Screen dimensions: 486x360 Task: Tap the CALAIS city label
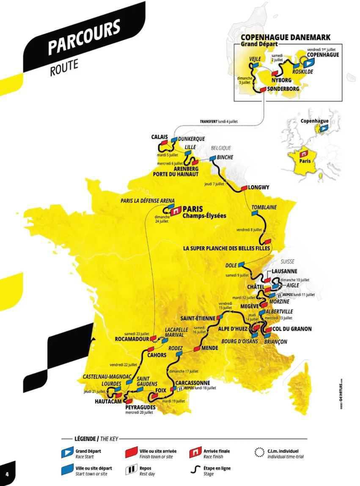tap(159, 137)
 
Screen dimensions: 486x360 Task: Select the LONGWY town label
tap(259, 187)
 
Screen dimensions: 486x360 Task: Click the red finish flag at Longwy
tap(244, 188)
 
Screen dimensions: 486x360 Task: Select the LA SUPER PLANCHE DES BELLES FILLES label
tap(227, 249)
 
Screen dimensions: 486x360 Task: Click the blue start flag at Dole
tap(242, 264)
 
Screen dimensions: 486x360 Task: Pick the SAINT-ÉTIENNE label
tap(198, 318)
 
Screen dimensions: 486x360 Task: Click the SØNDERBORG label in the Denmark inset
tap(283, 89)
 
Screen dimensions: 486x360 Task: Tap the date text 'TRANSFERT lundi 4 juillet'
tap(219, 121)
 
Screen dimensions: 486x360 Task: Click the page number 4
tap(7, 473)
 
